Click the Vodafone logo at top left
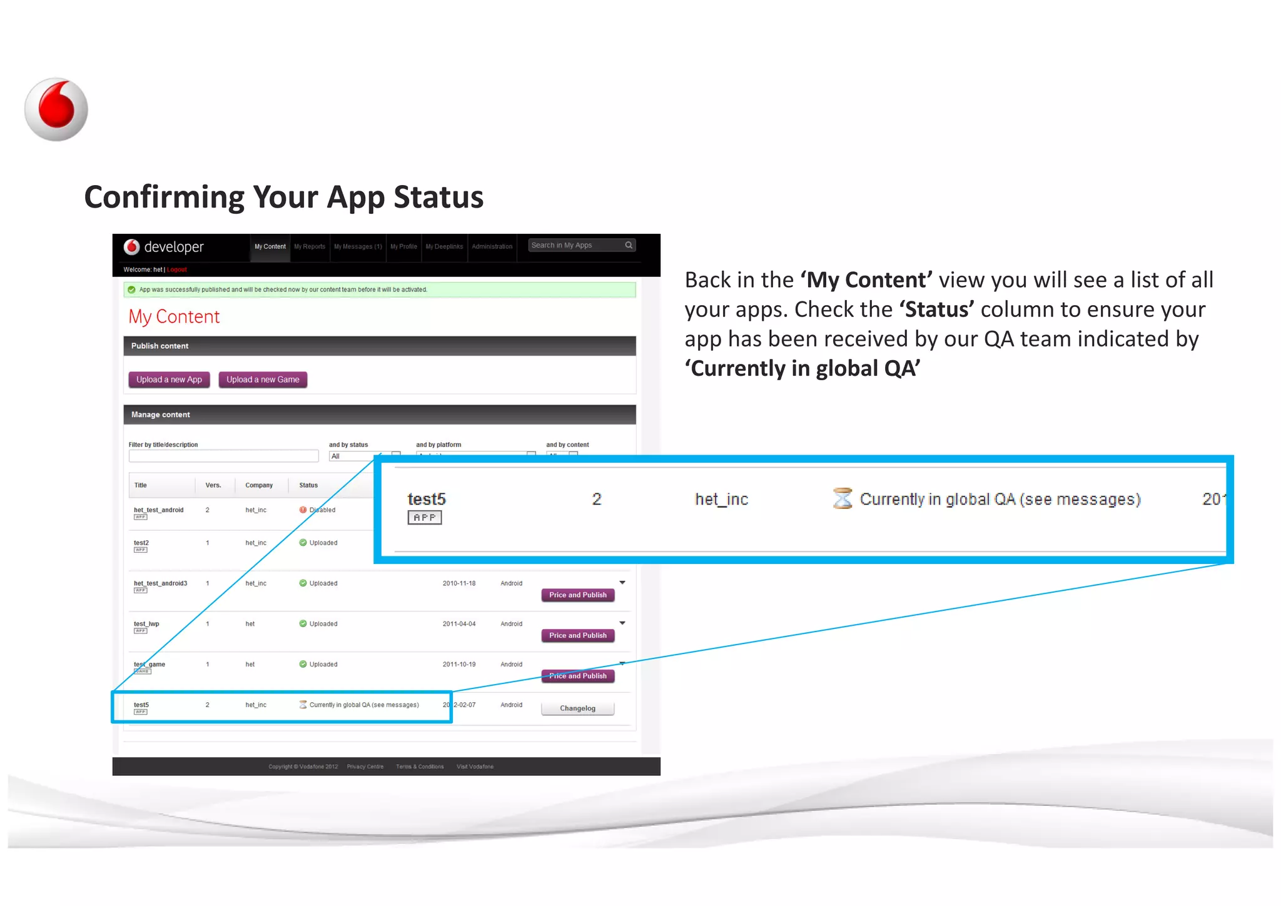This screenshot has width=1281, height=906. (x=56, y=109)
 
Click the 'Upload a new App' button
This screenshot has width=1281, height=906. (x=169, y=380)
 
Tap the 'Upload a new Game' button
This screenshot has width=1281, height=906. (x=263, y=380)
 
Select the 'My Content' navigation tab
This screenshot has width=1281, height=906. (x=270, y=246)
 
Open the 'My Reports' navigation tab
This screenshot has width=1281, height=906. (x=310, y=246)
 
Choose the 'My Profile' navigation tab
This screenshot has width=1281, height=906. (x=403, y=246)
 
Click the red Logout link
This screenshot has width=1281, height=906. (x=177, y=269)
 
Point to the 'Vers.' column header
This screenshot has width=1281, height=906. (x=213, y=485)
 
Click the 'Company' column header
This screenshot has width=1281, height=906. (x=259, y=485)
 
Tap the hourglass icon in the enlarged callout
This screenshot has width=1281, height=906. (x=843, y=498)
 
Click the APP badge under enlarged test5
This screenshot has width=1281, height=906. (x=425, y=518)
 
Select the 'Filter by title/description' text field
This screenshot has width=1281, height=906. (x=223, y=456)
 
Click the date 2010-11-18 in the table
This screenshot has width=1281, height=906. (x=459, y=583)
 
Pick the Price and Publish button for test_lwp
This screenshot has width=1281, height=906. (x=577, y=635)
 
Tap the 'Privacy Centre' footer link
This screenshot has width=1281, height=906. (x=365, y=767)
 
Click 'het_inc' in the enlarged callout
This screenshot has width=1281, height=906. (x=721, y=499)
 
